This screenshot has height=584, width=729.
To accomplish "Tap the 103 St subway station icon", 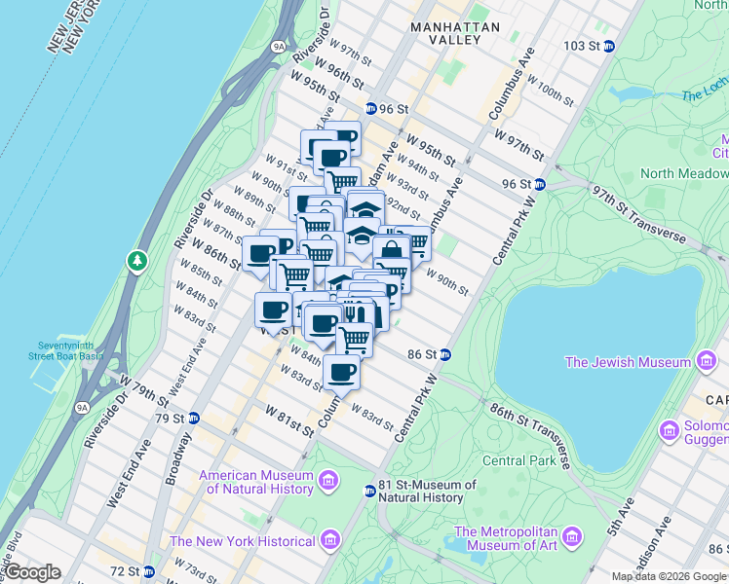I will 609,46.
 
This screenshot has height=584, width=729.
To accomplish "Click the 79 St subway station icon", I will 193,419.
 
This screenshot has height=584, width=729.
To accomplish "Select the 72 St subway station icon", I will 148,570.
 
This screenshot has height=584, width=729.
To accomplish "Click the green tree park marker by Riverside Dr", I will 137,261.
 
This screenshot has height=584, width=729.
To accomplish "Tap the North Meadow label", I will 683,173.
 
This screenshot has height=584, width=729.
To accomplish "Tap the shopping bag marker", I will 391,250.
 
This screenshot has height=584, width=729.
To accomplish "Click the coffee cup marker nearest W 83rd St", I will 341,372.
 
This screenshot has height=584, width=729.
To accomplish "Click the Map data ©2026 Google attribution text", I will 669,575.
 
